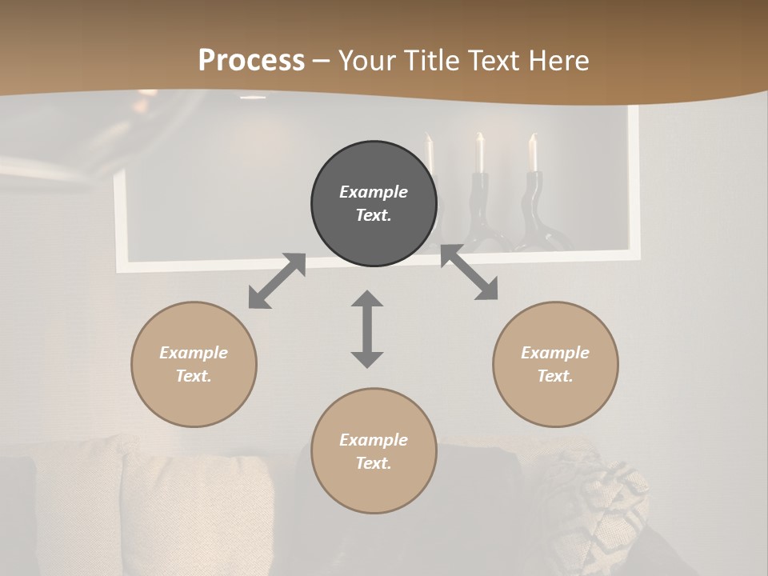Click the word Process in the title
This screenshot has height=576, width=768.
coord(251,61)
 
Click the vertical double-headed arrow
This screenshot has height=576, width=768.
coord(367,329)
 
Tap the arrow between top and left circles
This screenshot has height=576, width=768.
coord(277,281)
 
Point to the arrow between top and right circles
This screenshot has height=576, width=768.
coord(469,273)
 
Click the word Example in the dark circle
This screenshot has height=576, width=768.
coord(374,192)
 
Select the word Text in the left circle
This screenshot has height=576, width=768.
coord(194,376)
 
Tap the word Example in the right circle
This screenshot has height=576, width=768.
coord(555,353)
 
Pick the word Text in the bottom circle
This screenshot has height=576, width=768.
coord(374,463)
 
